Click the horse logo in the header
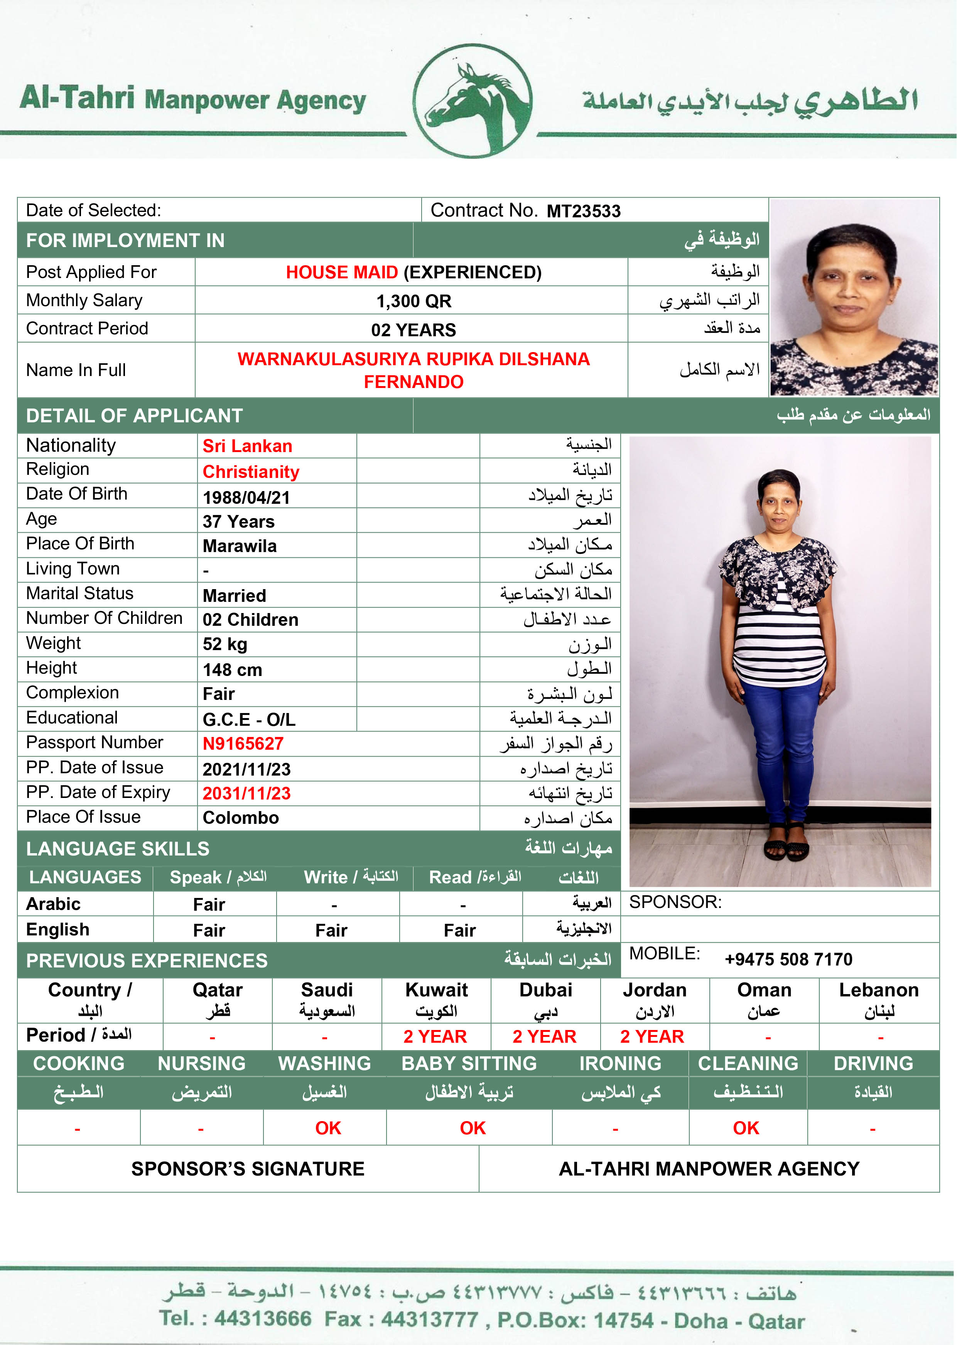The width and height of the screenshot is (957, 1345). pos(472,102)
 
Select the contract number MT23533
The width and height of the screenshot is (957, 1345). pos(583,211)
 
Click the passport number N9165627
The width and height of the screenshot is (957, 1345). pos(243,744)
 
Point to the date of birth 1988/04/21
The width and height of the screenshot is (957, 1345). pos(246,498)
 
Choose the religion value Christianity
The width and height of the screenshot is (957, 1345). pos(251,472)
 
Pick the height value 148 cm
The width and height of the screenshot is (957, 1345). pos(232,670)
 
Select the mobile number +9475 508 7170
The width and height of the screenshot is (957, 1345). pos(788,959)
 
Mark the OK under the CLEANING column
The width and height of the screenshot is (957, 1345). pos(746,1128)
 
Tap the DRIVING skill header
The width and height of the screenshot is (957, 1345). pos(873,1063)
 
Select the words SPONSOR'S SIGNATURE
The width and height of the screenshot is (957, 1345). pos(248,1169)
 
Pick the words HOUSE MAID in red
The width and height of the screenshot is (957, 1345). pos(342,273)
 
